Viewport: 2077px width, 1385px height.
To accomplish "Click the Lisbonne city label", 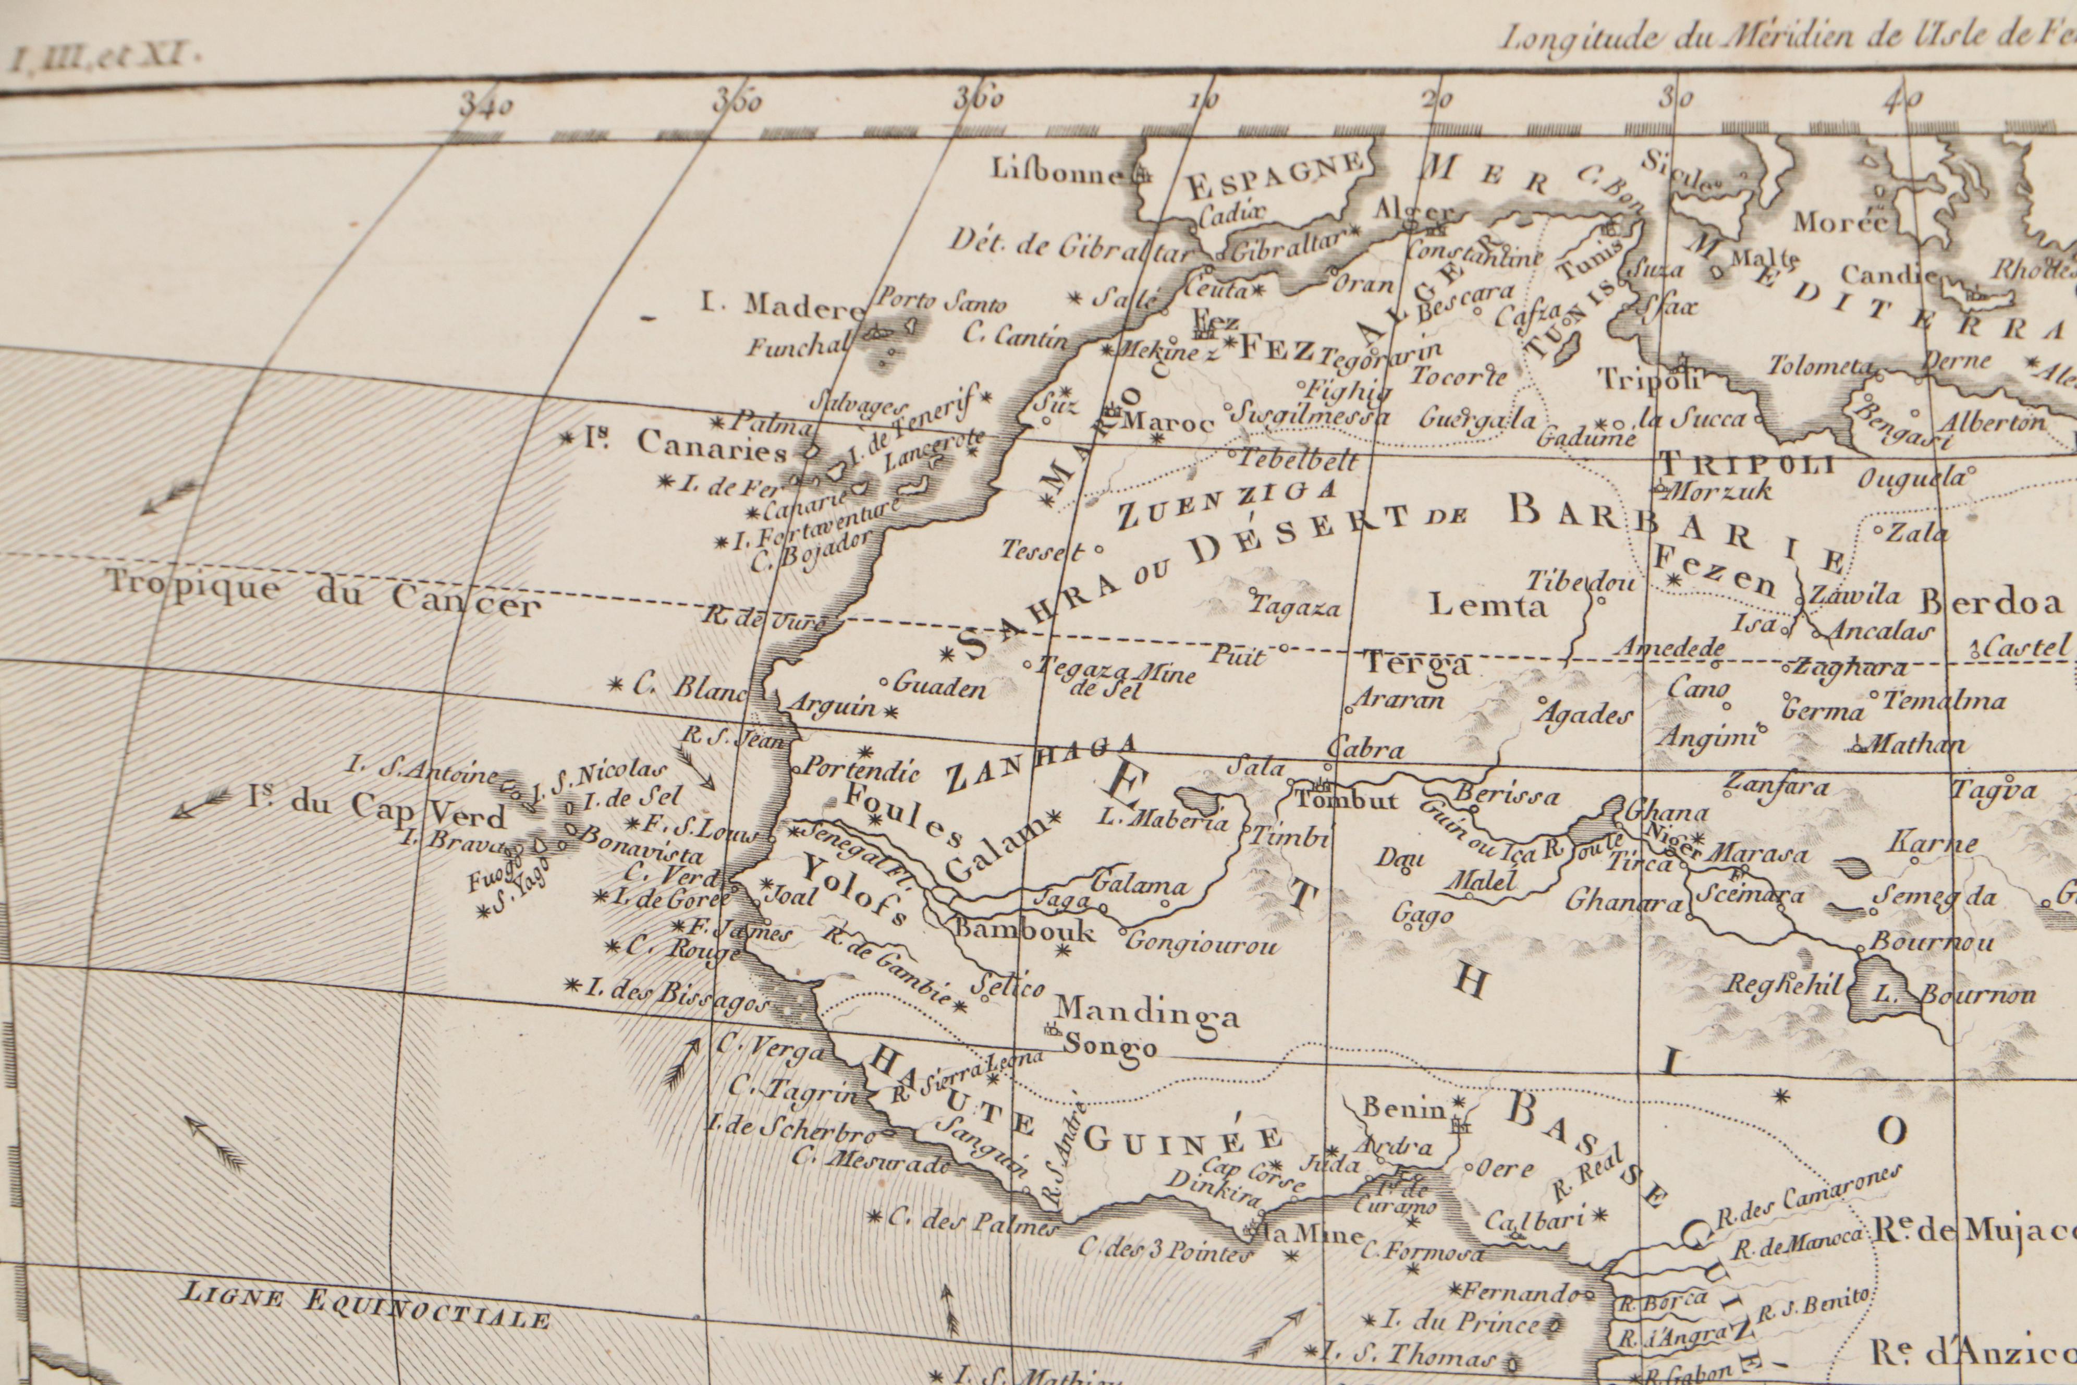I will pyautogui.click(x=1058, y=172).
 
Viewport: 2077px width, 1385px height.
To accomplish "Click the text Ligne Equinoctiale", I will pyautogui.click(x=365, y=1310).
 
